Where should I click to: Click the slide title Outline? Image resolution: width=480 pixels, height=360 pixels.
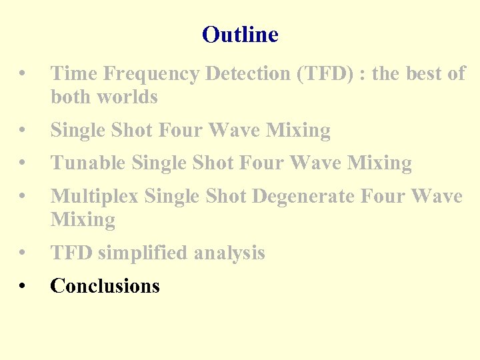[x=240, y=34]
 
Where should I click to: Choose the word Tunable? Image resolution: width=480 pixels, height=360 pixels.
[x=89, y=163]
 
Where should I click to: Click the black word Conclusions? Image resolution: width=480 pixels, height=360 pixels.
[x=105, y=286]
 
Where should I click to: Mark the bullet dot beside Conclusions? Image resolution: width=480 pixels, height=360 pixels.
[x=23, y=287]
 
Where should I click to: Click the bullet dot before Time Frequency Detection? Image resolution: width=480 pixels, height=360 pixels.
[x=23, y=75]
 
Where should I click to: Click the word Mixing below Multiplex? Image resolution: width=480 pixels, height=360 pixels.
[x=83, y=220]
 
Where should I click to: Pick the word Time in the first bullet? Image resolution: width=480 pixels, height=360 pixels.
[x=71, y=74]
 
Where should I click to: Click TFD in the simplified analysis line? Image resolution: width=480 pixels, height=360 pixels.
[x=71, y=253]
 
